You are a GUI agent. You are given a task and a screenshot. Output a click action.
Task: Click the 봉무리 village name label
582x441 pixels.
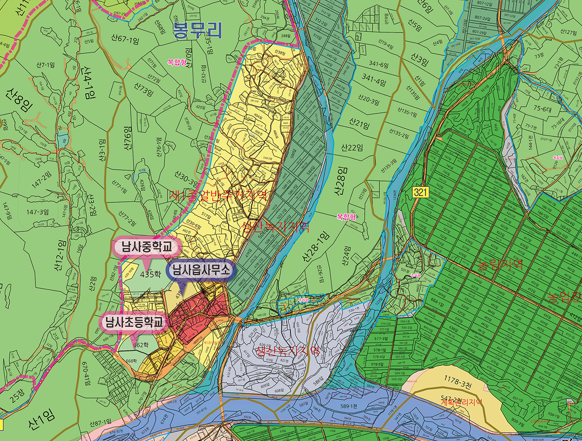(x=197, y=31)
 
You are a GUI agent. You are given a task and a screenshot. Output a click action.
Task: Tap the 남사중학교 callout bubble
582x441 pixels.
(x=146, y=247)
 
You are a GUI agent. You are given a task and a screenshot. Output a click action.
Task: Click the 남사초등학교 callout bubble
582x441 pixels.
(x=133, y=322)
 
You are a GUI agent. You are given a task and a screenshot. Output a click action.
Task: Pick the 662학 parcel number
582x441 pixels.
(x=141, y=344)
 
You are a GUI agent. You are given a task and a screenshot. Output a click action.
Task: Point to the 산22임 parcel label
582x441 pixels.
(x=351, y=147)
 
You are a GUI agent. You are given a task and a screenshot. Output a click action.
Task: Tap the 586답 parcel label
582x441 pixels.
(x=318, y=380)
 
